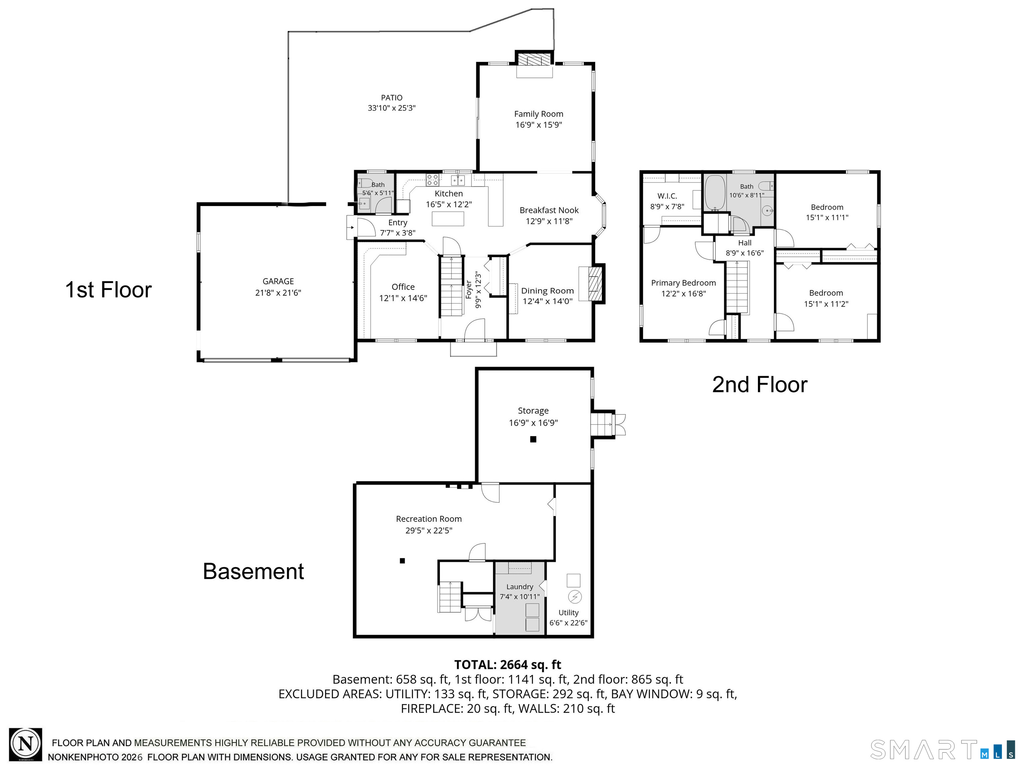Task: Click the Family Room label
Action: pos(539,114)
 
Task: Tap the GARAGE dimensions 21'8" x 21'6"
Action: pos(278,293)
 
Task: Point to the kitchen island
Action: pos(448,219)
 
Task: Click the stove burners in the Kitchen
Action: pos(433,179)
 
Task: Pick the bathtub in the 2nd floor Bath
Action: pos(715,193)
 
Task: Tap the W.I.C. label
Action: pos(667,196)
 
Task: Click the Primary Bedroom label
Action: pos(684,283)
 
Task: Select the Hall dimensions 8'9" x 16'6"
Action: pos(745,253)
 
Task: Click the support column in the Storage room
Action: pos(533,439)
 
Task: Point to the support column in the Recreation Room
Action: pos(402,561)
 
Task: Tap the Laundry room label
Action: pos(519,587)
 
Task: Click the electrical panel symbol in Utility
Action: pos(575,597)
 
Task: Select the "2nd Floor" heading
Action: pos(760,384)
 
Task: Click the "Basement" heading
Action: pos(253,572)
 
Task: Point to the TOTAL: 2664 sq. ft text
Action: pos(508,664)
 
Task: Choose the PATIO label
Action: pos(392,98)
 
